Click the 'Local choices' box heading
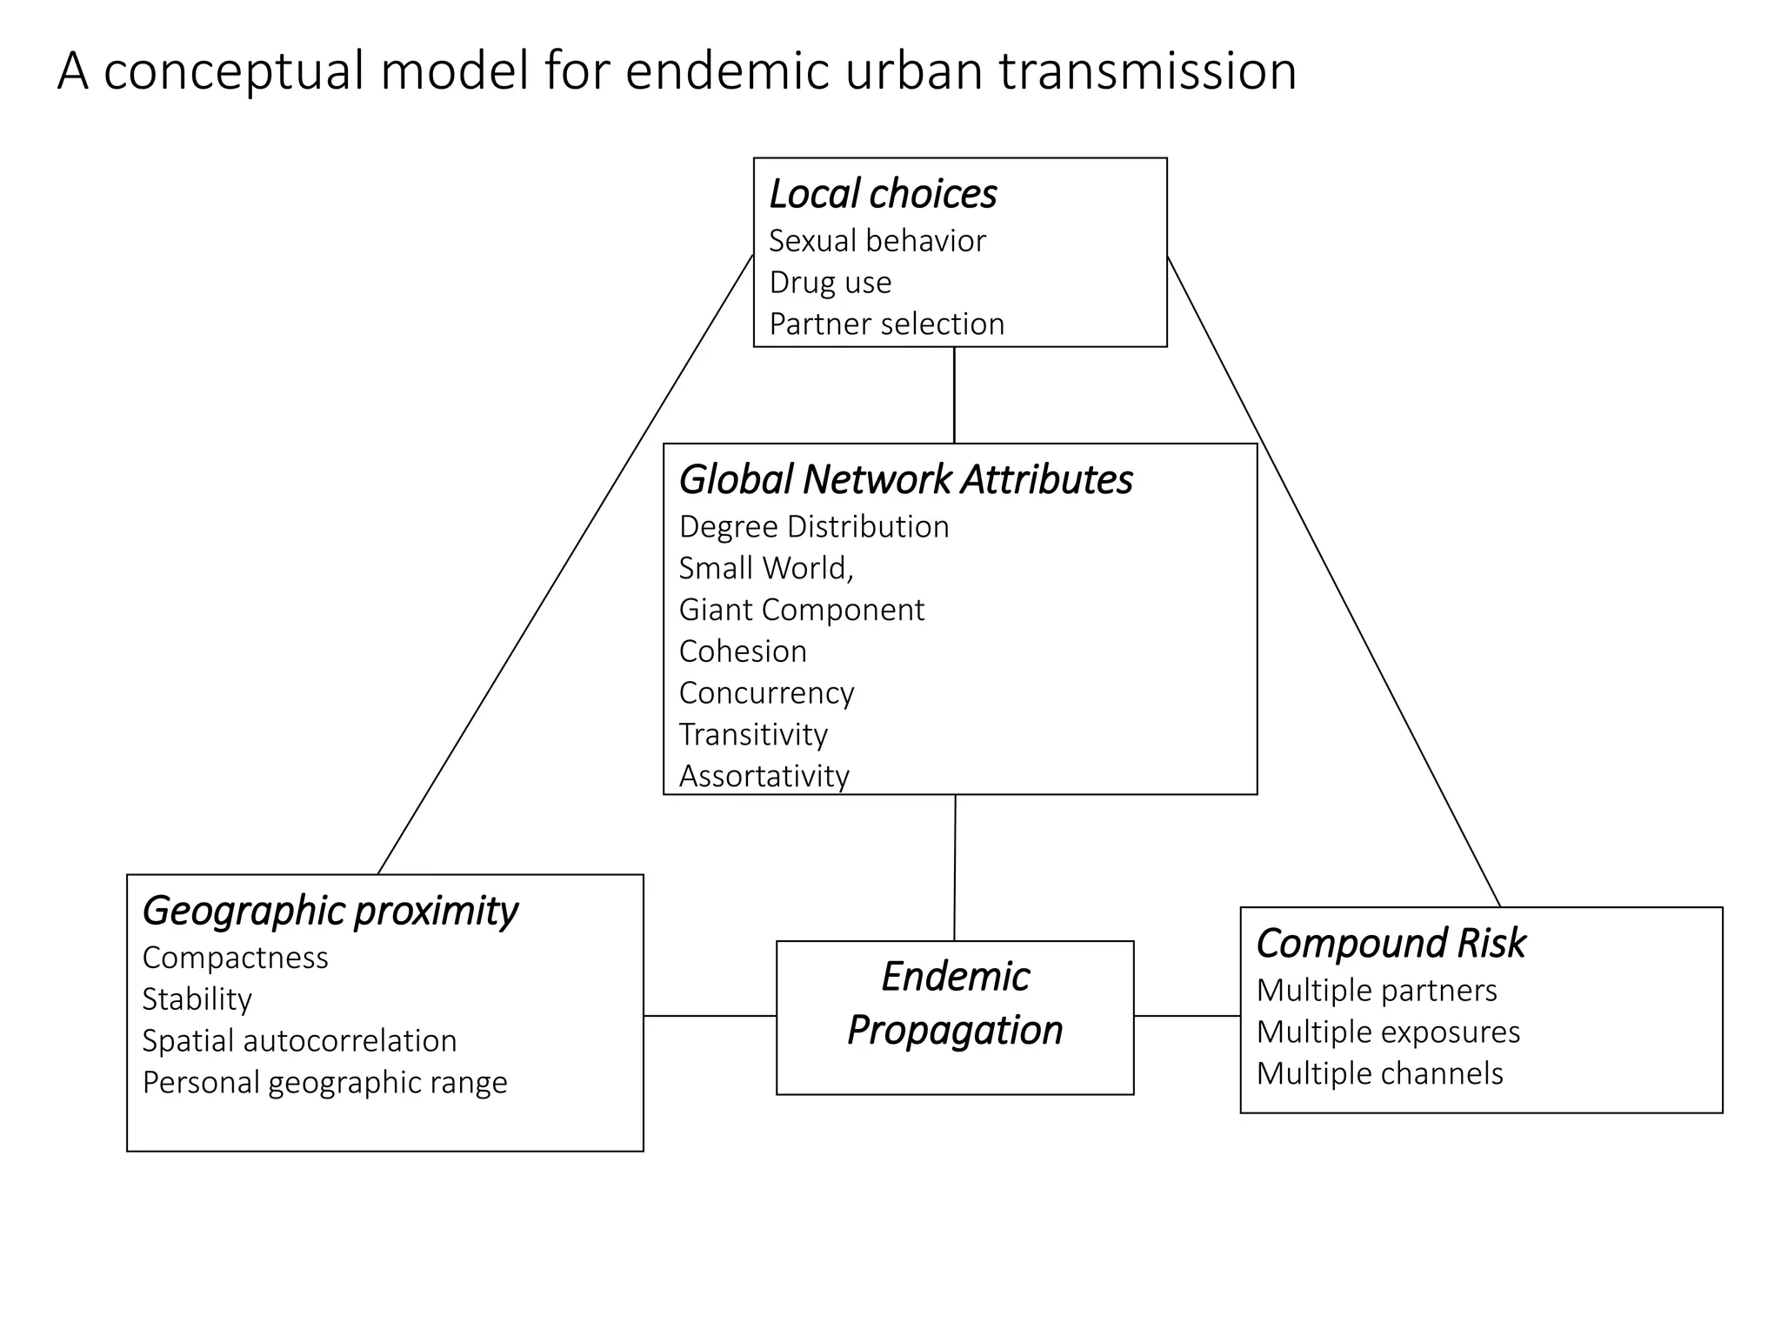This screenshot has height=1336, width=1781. coord(883,194)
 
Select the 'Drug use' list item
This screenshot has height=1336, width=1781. coord(830,283)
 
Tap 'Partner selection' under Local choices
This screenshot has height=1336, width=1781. coord(886,324)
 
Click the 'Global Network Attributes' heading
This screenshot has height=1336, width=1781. coord(905,479)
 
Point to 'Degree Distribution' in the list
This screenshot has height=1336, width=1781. coord(813,527)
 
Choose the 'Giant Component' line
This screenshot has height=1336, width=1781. coord(801,610)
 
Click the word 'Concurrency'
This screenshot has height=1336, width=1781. coord(766,693)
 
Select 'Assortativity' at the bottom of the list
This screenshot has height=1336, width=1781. coord(764,776)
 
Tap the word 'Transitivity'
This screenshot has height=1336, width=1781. coord(753,735)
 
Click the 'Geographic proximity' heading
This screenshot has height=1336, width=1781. coord(330,911)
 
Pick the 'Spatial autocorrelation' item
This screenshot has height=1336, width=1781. coord(299,1041)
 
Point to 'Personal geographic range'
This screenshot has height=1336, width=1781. coord(324,1083)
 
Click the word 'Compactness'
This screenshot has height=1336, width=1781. coord(235,958)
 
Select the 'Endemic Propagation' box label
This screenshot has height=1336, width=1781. coord(955,1004)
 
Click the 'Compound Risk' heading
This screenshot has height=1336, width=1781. coord(1391,943)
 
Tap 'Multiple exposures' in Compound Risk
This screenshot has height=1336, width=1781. coord(1388,1032)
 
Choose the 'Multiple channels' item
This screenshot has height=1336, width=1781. coord(1379,1074)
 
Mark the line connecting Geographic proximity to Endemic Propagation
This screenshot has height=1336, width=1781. coord(710,1015)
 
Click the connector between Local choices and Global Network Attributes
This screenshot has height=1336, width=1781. coord(954,395)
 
